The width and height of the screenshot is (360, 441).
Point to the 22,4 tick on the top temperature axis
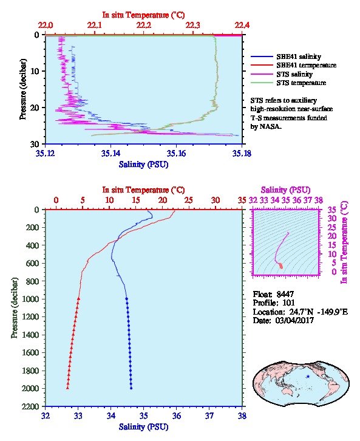click(x=242, y=26)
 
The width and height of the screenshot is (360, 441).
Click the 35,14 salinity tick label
click(x=110, y=153)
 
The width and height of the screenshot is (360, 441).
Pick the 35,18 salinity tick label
click(x=242, y=153)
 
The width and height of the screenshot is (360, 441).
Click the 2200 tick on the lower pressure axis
click(x=30, y=406)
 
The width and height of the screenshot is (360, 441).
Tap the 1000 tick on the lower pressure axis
click(x=30, y=299)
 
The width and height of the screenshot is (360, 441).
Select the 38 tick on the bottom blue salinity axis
click(x=242, y=415)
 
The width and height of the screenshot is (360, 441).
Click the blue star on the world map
click(x=308, y=377)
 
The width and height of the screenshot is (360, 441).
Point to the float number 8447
click(x=285, y=294)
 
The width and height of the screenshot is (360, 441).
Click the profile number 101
click(x=288, y=303)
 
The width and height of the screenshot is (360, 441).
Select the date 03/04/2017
click(x=294, y=320)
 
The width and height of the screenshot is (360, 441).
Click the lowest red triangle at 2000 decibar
click(x=68, y=388)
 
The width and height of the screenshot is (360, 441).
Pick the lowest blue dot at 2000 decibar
click(x=131, y=388)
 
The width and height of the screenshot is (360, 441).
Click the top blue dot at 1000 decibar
click(x=127, y=299)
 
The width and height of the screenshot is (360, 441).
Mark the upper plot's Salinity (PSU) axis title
click(x=144, y=164)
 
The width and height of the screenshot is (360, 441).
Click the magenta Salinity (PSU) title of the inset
click(x=285, y=190)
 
